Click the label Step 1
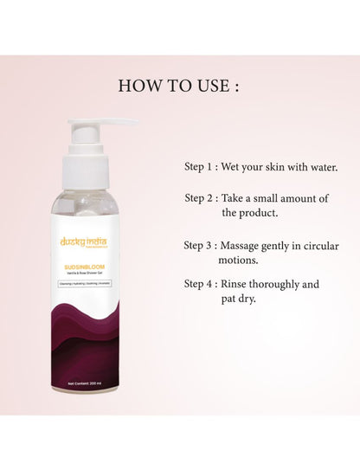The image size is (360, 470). click(202, 166)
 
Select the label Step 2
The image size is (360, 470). click(202, 198)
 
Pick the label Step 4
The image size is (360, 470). click(202, 284)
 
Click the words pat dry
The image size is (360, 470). click(244, 298)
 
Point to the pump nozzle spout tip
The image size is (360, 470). click(132, 123)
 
